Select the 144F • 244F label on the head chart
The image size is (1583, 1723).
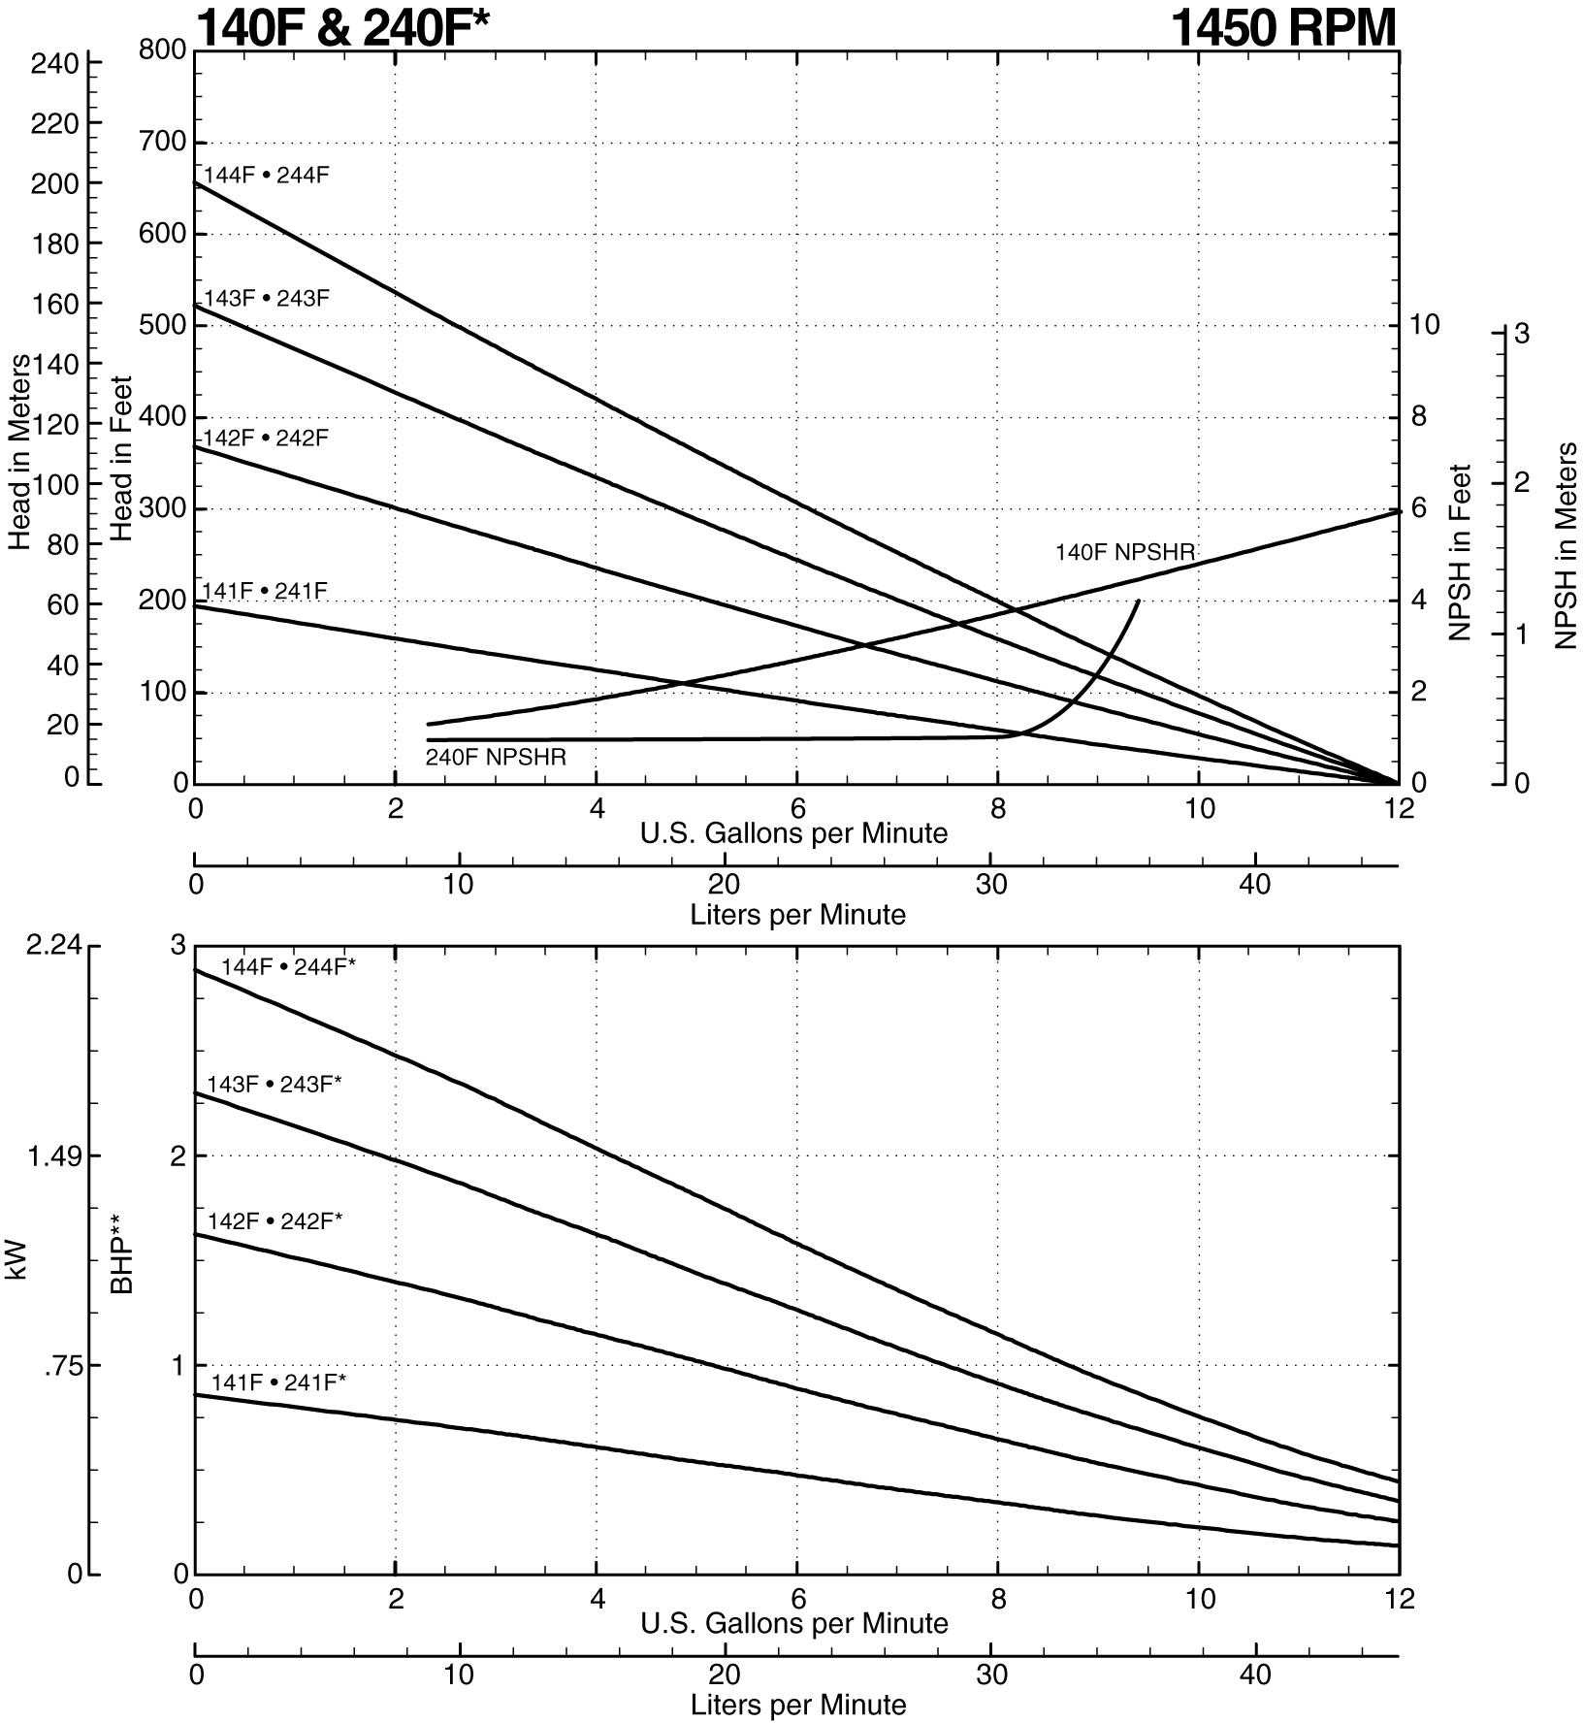[x=266, y=176]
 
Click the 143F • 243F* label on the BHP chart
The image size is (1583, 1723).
[x=274, y=1085]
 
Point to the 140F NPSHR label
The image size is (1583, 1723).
[x=1124, y=553]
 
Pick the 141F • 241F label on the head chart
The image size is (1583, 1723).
[x=264, y=590]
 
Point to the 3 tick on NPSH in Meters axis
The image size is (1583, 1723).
[x=1521, y=334]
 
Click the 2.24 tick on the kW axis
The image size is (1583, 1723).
[x=52, y=946]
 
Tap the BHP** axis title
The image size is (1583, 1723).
[x=122, y=1259]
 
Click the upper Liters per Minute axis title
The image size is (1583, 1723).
[x=797, y=914]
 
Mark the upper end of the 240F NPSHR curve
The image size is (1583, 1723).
[x=1138, y=601]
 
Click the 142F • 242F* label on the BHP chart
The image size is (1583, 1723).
[x=275, y=1221]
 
